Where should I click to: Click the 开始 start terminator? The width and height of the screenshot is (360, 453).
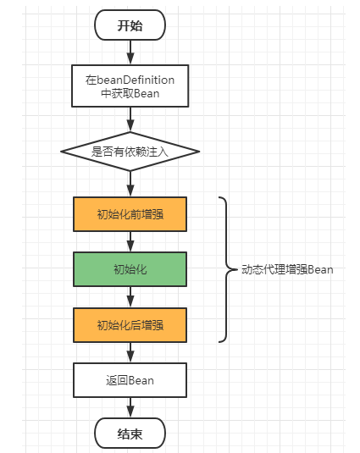coord(130,25)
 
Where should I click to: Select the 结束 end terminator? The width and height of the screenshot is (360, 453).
coord(130,434)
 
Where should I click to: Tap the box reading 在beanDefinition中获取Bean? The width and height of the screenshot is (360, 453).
coord(130,86)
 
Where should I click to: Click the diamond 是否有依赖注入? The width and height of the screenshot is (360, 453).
coord(130,152)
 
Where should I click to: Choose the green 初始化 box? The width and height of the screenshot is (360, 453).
coord(130,269)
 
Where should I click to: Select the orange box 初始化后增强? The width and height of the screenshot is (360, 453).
coord(130,324)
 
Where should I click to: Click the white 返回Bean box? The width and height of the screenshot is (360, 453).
coord(130,380)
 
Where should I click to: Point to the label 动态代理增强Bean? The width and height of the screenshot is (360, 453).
coord(287,269)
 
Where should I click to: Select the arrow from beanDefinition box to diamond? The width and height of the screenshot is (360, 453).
coord(130,119)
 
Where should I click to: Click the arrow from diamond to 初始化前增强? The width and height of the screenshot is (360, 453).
coord(130,183)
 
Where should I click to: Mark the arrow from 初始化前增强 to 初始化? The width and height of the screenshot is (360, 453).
coord(130,242)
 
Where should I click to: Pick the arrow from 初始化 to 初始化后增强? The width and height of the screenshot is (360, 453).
coord(130,297)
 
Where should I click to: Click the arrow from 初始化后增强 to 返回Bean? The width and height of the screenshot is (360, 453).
coord(130,352)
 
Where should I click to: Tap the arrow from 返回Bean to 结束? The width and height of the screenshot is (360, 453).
coord(130,407)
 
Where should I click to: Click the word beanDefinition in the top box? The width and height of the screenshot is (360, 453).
coord(136,79)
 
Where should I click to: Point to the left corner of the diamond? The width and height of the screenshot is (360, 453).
coord(63,152)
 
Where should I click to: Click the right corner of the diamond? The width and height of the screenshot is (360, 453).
coord(197,152)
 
